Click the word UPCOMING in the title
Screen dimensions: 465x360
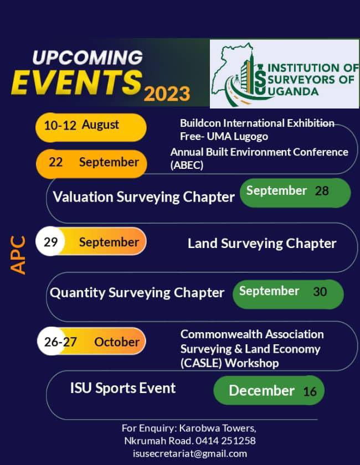click(x=87, y=58)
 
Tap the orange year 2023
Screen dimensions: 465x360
click(x=167, y=94)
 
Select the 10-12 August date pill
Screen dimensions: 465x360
click(x=91, y=125)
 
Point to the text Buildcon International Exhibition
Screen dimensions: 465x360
click(x=257, y=123)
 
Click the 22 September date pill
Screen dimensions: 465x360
click(x=92, y=162)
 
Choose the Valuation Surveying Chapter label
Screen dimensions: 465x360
click(x=144, y=197)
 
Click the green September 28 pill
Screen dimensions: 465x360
click(x=295, y=192)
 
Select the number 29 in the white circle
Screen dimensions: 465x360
click(x=50, y=242)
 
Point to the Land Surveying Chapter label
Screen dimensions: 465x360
click(x=262, y=244)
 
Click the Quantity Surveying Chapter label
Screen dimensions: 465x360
click(x=137, y=292)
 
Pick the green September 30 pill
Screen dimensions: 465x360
click(x=288, y=293)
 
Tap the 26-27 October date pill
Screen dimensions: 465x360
click(x=91, y=342)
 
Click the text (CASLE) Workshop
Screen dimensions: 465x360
click(x=229, y=363)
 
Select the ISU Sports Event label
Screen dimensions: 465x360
click(x=123, y=388)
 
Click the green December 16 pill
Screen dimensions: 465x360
click(x=269, y=391)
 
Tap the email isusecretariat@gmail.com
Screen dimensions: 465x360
click(x=190, y=453)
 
